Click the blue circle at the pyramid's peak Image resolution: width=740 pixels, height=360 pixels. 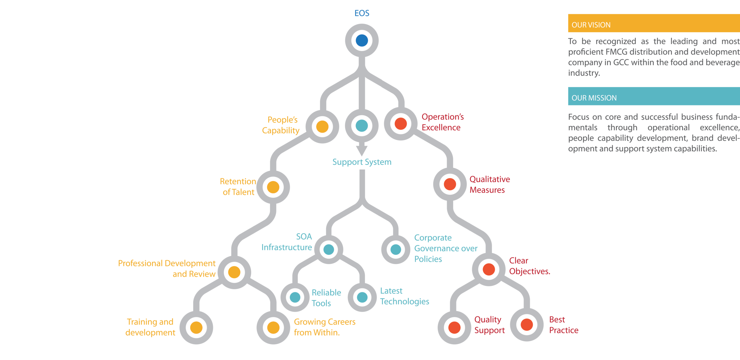pos(362,41)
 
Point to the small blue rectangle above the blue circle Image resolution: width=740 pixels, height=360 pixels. pos(362,14)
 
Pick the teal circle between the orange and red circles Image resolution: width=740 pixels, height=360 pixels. pos(362,126)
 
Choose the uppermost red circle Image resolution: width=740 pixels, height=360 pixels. pos(401,124)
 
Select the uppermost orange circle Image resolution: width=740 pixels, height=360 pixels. pos(322,127)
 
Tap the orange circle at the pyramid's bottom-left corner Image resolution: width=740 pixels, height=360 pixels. pos(196,328)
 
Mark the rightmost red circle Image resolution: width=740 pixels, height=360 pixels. pos(527,325)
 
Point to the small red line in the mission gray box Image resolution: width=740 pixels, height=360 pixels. pos(634,135)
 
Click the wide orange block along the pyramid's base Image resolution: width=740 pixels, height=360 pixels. pos(364,334)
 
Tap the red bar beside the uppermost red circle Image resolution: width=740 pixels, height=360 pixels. pos(494,122)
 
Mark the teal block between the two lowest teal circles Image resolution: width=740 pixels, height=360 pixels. pos(326,303)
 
